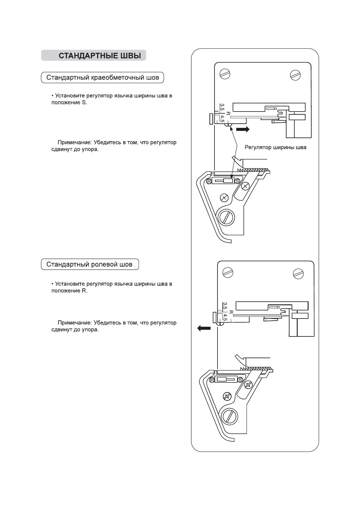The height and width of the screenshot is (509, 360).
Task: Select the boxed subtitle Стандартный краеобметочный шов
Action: coord(102,78)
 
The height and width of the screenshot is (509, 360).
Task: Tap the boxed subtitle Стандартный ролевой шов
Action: coord(90,264)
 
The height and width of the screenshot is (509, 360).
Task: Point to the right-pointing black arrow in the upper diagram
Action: coord(243,129)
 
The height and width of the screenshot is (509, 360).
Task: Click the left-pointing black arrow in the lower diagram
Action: coord(204,328)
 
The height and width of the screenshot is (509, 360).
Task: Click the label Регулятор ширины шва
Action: coord(275,148)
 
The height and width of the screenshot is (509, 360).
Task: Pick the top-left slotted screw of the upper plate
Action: coord(225,73)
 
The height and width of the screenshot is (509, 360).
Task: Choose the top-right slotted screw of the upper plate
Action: coord(295,74)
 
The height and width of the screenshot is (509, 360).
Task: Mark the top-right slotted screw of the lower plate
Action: coord(299,273)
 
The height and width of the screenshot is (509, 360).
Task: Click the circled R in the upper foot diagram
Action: coord(209,181)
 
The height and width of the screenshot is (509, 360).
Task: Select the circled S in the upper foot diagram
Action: coord(237,181)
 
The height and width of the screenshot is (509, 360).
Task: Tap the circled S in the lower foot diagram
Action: coord(241,380)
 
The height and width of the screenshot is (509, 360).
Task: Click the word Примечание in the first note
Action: coord(74,142)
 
